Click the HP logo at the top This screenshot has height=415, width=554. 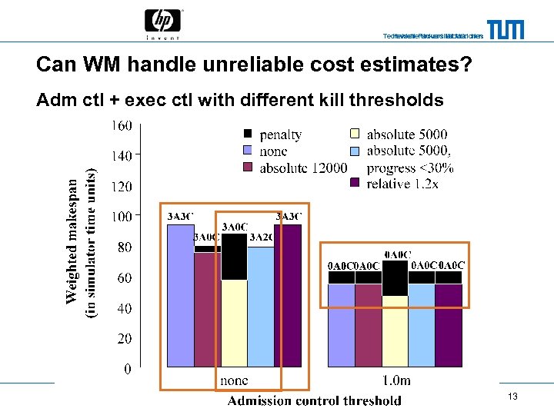coord(163,23)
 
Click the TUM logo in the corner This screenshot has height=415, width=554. coord(505,29)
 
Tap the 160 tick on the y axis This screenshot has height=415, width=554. coord(122,125)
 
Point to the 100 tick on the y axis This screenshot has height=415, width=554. coord(122,217)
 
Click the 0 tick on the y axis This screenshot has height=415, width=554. coord(127,369)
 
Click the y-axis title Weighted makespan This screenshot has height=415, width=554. coord(72,241)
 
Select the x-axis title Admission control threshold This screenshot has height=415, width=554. coord(314,400)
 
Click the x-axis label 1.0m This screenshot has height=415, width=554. coord(396,380)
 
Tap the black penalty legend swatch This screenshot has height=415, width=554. coord(248,134)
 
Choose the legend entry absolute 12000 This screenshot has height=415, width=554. coord(303,168)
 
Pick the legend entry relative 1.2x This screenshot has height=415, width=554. coord(402,184)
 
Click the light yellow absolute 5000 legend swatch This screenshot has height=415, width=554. coord(355,134)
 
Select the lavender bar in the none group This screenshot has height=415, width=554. coord(180,296)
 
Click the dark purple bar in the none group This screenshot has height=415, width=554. coord(287,296)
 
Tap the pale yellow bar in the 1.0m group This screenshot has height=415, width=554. coord(395,330)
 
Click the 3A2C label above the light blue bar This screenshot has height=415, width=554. coord(261,237)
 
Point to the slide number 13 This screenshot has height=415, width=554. coord(512,396)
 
